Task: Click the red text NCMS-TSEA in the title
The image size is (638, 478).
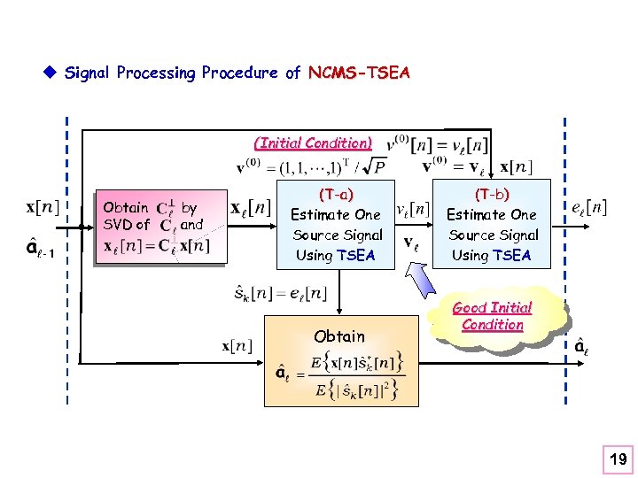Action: pos(359,73)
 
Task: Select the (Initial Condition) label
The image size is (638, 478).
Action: pos(313,143)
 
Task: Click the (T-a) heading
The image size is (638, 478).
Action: pos(336,194)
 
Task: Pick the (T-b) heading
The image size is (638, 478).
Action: pos(491,194)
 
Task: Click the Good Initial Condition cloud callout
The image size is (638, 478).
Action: pos(493,316)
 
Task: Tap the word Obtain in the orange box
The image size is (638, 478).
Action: pos(339,335)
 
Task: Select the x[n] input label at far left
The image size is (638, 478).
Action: pos(43,208)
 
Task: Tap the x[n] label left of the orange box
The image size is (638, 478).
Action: pos(237,346)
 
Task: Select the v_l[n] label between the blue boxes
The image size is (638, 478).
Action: pos(413,209)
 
